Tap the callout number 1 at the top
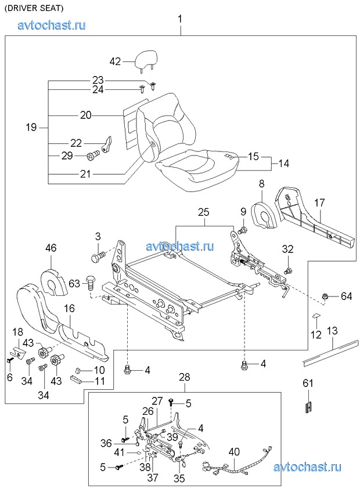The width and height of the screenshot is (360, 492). click(180, 19)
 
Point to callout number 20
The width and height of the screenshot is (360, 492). click(86, 115)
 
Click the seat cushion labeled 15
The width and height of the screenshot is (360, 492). click(197, 165)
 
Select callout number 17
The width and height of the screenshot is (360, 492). click(319, 202)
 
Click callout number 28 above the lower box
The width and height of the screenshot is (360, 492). click(184, 377)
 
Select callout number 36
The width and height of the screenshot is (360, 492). click(105, 443)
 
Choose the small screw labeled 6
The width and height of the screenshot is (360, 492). click(10, 360)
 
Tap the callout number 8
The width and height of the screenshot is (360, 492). click(261, 183)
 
